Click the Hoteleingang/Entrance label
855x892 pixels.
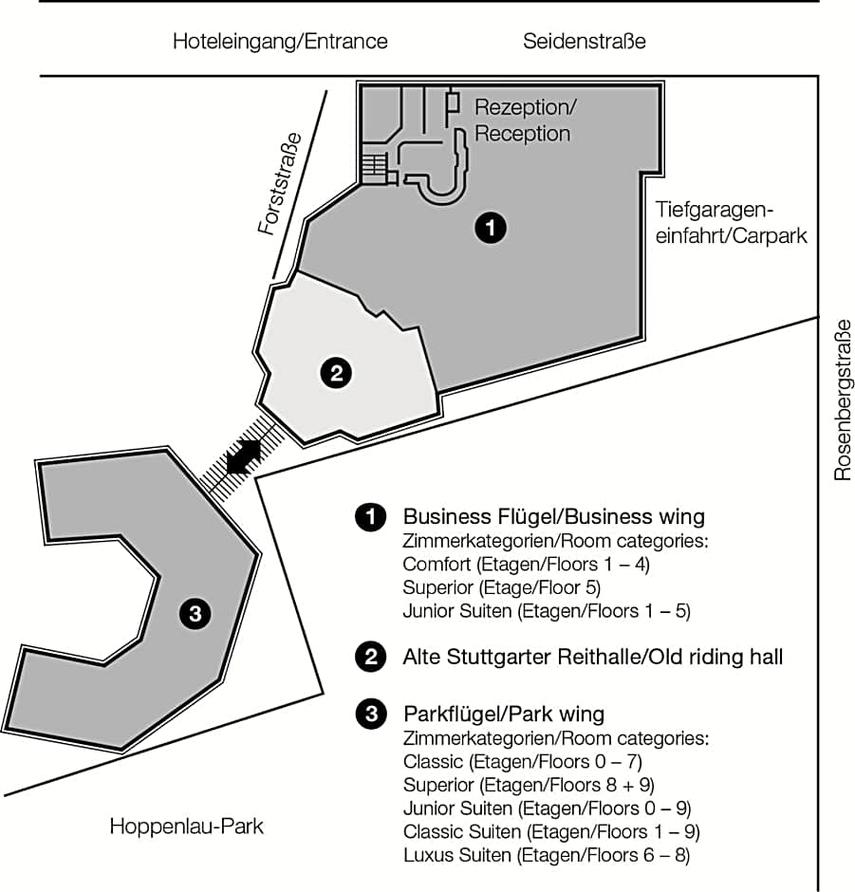280,42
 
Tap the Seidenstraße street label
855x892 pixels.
584,42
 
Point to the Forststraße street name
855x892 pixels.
280,182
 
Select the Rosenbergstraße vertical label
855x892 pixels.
843,400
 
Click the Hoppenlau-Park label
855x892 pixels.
186,826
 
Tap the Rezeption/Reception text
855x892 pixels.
524,120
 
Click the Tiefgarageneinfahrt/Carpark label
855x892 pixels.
732,222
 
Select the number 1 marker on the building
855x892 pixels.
491,227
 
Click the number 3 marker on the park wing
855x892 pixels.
195,614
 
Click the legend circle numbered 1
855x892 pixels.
368,517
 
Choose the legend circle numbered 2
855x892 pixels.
368,656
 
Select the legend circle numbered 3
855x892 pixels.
368,715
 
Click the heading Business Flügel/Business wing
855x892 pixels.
554,517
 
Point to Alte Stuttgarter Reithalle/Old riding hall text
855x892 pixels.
593,656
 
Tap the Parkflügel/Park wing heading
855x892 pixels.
504,714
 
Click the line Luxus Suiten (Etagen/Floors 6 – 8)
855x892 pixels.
546,855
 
